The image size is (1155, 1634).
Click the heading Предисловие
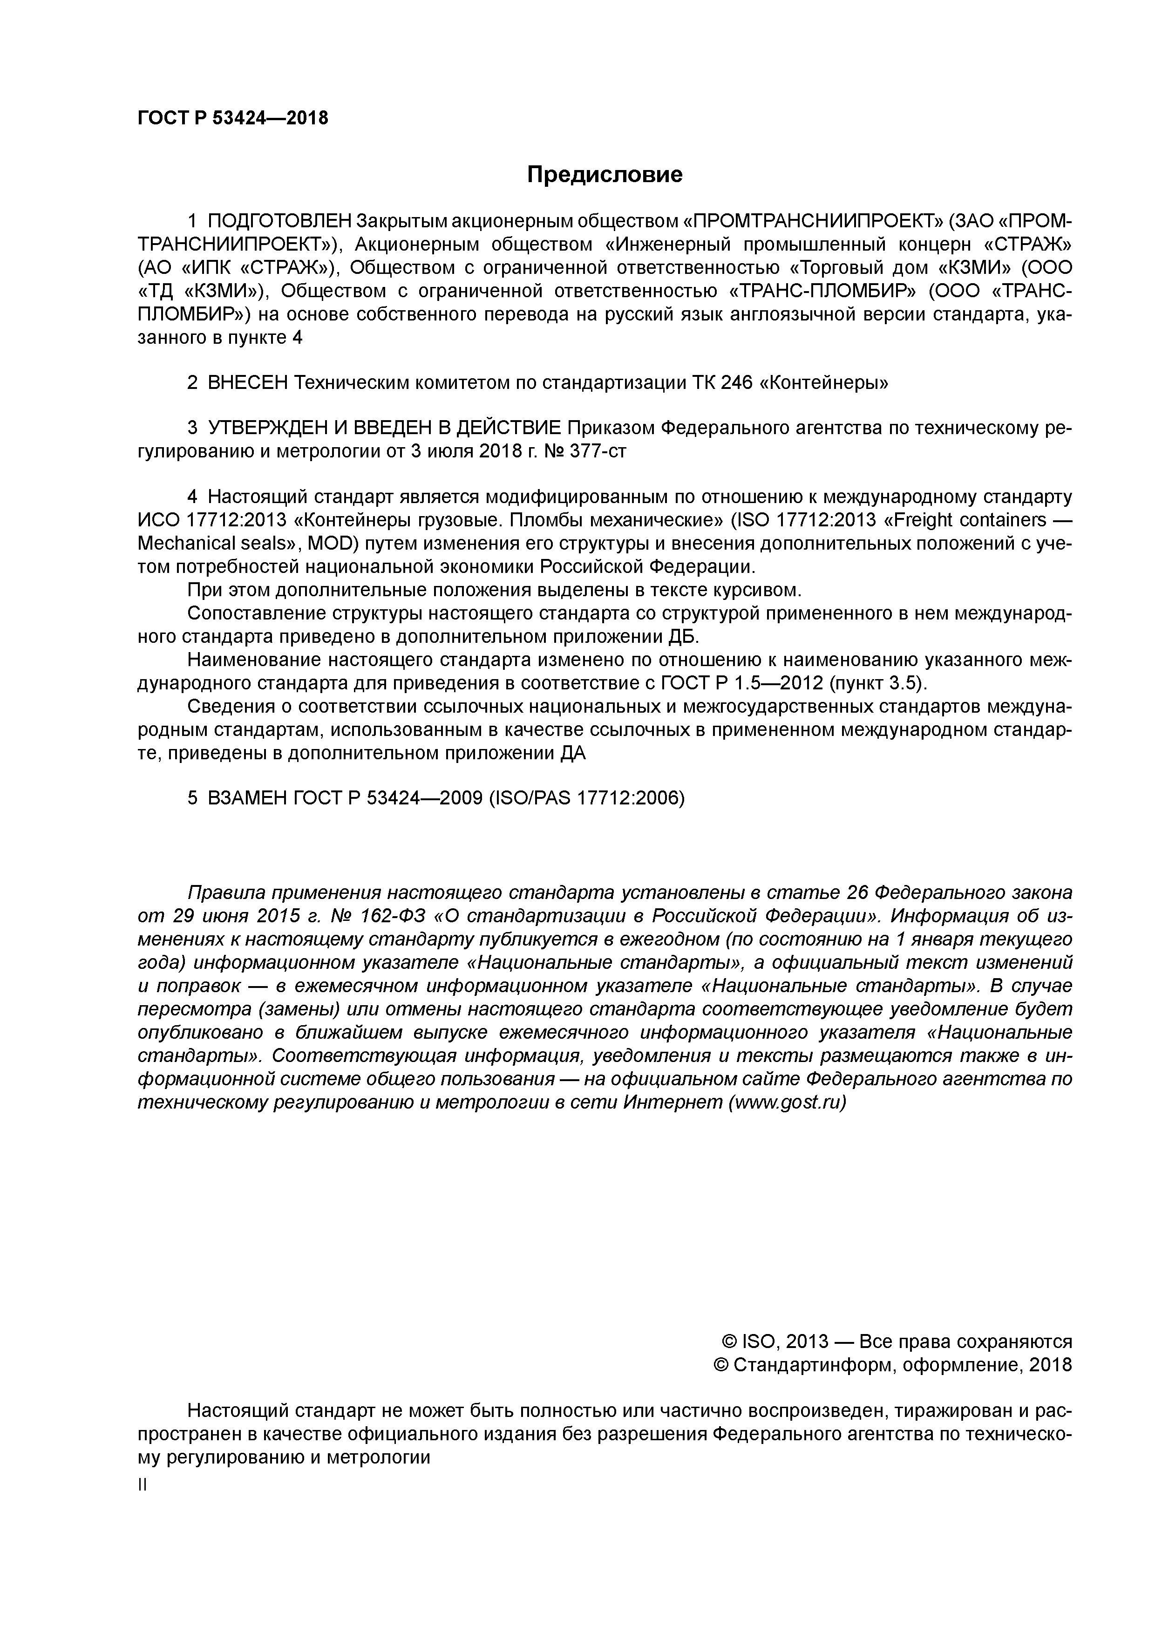tap(604, 174)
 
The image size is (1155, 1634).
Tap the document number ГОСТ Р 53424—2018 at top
tap(233, 118)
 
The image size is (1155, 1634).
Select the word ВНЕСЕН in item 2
tap(248, 383)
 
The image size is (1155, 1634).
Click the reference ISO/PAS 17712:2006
tap(586, 798)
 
